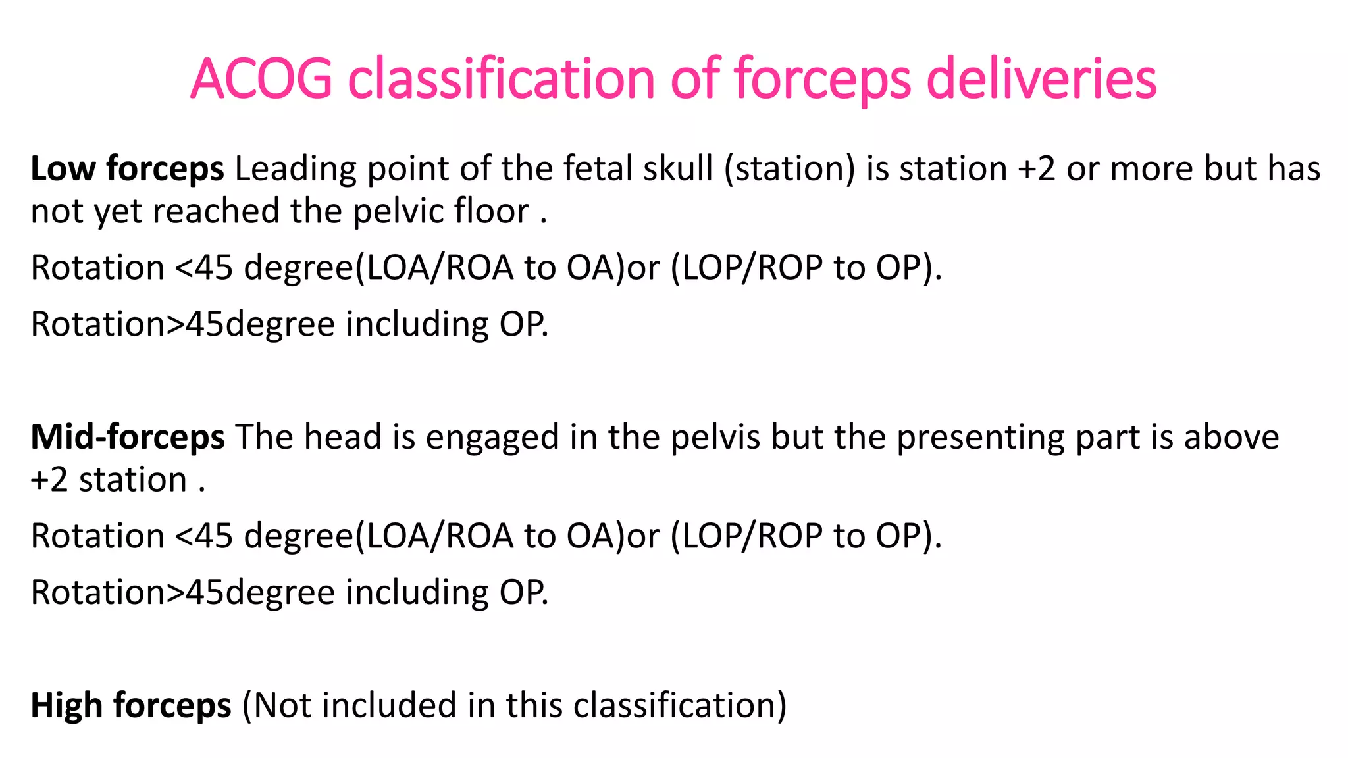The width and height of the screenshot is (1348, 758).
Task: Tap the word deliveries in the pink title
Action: [x=1041, y=78]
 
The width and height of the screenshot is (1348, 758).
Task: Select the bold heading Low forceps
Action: [x=127, y=168]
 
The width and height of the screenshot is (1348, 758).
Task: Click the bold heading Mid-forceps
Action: [x=128, y=437]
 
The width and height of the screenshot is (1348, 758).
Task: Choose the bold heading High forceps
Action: [x=130, y=705]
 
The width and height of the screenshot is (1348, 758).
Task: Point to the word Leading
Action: [x=296, y=168]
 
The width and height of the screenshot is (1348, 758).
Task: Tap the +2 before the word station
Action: [x=49, y=480]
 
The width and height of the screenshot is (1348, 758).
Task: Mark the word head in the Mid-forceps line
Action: [x=342, y=437]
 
